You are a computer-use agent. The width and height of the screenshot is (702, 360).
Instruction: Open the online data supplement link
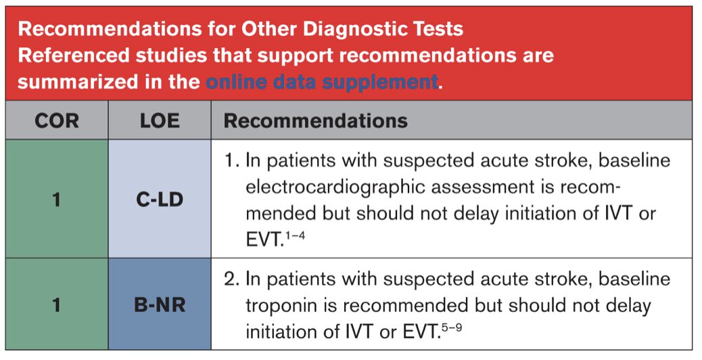click(322, 82)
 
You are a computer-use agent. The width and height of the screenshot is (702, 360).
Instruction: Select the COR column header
click(56, 121)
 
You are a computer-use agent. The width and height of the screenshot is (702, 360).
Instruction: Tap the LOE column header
click(160, 121)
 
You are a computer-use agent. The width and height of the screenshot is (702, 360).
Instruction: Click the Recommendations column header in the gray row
click(316, 121)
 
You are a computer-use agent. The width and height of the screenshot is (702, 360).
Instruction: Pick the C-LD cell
click(160, 199)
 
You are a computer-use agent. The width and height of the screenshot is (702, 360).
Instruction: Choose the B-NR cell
click(160, 305)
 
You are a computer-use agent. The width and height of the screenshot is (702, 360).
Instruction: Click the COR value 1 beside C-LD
click(56, 199)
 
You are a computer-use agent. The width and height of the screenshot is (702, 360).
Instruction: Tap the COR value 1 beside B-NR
click(56, 305)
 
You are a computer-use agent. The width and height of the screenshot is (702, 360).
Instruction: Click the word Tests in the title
click(440, 29)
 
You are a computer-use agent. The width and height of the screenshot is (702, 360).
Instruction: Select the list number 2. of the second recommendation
click(231, 279)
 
